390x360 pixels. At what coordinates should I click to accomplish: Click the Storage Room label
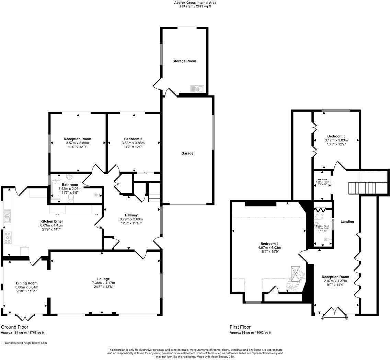[184, 61]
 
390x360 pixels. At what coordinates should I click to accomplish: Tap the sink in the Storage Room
[197, 89]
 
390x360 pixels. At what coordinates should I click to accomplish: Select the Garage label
[187, 153]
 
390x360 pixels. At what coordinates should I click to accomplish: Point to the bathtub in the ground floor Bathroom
[55, 190]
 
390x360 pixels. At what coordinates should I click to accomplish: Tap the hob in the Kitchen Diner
[7, 237]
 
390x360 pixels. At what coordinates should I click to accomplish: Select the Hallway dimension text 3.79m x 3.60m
[131, 219]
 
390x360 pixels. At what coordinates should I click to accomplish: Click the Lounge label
[103, 279]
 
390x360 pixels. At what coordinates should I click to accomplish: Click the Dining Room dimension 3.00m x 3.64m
[26, 287]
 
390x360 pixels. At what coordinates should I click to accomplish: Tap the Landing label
[347, 222]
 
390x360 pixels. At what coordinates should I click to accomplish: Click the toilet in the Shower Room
[319, 217]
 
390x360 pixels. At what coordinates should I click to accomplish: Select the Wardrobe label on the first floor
[322, 179]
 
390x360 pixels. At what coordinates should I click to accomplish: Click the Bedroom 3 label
[336, 136]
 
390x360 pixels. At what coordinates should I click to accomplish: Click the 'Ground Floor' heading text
[14, 327]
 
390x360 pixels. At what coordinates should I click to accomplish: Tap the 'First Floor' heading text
[240, 327]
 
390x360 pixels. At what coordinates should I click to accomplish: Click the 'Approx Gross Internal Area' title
[195, 2]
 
